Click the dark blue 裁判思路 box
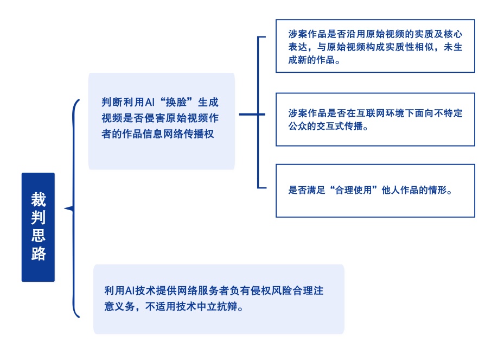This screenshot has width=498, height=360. [38, 227]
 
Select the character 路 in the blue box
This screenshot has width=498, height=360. [38, 254]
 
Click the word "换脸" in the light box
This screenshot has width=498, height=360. [174, 102]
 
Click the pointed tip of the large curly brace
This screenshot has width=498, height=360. [66, 209]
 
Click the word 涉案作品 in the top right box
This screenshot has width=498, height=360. [307, 34]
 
